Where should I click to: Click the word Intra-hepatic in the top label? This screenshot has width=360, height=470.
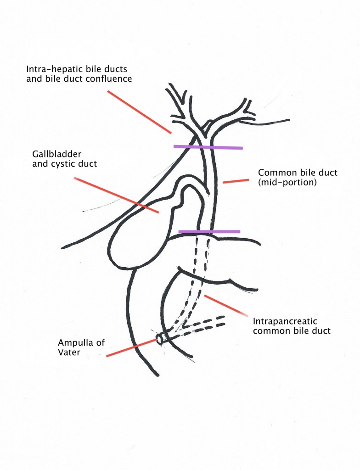tap(51, 69)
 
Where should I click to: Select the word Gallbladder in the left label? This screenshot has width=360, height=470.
tap(56, 154)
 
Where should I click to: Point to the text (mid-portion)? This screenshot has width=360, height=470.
tap(287, 182)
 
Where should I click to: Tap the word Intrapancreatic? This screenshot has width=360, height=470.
tap(285, 321)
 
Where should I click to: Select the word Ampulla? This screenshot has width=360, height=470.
tap(72, 343)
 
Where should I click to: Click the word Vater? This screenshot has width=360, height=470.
tap(69, 352)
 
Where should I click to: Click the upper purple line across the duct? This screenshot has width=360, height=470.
tap(208, 147)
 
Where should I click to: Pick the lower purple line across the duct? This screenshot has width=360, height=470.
tap(209, 231)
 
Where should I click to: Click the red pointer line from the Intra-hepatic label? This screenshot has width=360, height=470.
tap(140, 112)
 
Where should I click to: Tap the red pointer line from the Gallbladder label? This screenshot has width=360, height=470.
tap(116, 195)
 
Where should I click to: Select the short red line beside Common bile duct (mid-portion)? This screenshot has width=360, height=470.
tap(236, 181)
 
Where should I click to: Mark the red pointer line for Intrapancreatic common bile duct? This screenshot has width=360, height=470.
tap(225, 305)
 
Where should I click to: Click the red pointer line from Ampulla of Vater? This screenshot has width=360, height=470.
tap(131, 348)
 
